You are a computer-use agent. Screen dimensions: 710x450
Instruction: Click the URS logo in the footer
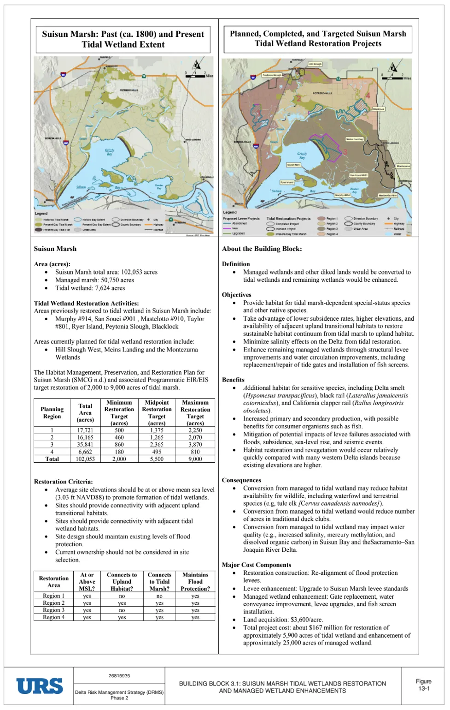40,686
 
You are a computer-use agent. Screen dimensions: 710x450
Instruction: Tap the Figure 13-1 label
423,685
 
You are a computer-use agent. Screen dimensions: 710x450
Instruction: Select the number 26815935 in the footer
119,676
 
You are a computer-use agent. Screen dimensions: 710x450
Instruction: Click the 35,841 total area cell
85,445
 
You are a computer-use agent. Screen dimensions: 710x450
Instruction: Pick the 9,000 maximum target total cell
195,459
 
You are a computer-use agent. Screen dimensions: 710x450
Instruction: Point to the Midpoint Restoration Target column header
157,412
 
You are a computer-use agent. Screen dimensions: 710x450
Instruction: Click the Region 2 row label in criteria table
53,603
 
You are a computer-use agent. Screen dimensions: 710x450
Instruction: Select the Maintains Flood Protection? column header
195,582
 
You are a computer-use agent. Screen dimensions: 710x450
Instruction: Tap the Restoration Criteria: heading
63,482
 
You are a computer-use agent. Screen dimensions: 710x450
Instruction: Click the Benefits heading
233,380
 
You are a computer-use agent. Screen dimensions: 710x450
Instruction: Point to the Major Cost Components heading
256,565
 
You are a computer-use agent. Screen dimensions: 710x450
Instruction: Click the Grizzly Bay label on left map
110,152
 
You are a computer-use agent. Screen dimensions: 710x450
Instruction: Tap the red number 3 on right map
345,152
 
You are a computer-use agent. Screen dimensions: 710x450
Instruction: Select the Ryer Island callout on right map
287,182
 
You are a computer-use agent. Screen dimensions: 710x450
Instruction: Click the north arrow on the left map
197,66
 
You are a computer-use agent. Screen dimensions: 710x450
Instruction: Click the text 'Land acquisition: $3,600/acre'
283,620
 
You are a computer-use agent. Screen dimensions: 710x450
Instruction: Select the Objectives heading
236,295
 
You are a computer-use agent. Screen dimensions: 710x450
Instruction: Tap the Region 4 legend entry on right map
332,234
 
